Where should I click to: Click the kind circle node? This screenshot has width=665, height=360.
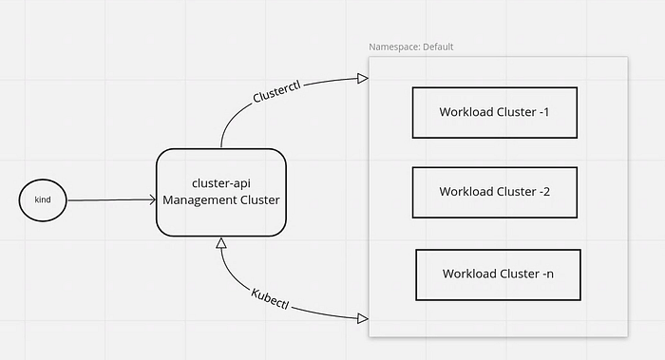tap(43, 200)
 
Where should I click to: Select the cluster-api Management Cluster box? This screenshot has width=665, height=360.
tap(221, 192)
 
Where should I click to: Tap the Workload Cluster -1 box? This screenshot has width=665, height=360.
tap(495, 113)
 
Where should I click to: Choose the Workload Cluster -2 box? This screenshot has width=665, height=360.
tap(495, 193)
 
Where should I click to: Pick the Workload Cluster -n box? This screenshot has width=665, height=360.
tap(498, 275)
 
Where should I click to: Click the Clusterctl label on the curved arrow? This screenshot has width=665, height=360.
tap(276, 91)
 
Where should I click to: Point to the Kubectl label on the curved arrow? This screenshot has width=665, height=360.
tap(270, 298)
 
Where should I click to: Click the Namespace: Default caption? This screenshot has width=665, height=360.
tap(411, 47)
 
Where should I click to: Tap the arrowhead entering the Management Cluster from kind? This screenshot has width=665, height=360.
tap(153, 199)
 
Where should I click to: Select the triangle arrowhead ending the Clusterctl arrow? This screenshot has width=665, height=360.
tap(363, 79)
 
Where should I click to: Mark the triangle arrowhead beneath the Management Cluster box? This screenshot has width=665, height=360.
tap(221, 243)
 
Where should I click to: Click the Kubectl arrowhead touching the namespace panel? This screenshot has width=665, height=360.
tap(363, 318)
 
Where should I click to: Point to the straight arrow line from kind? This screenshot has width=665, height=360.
tap(112, 200)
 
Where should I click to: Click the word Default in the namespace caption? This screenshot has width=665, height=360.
tap(438, 47)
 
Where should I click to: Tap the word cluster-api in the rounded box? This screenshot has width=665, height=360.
tap(221, 183)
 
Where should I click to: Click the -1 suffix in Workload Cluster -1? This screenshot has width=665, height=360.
tap(544, 112)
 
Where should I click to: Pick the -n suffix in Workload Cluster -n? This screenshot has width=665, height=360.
tap(548, 274)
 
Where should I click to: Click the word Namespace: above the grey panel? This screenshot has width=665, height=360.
tap(395, 47)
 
